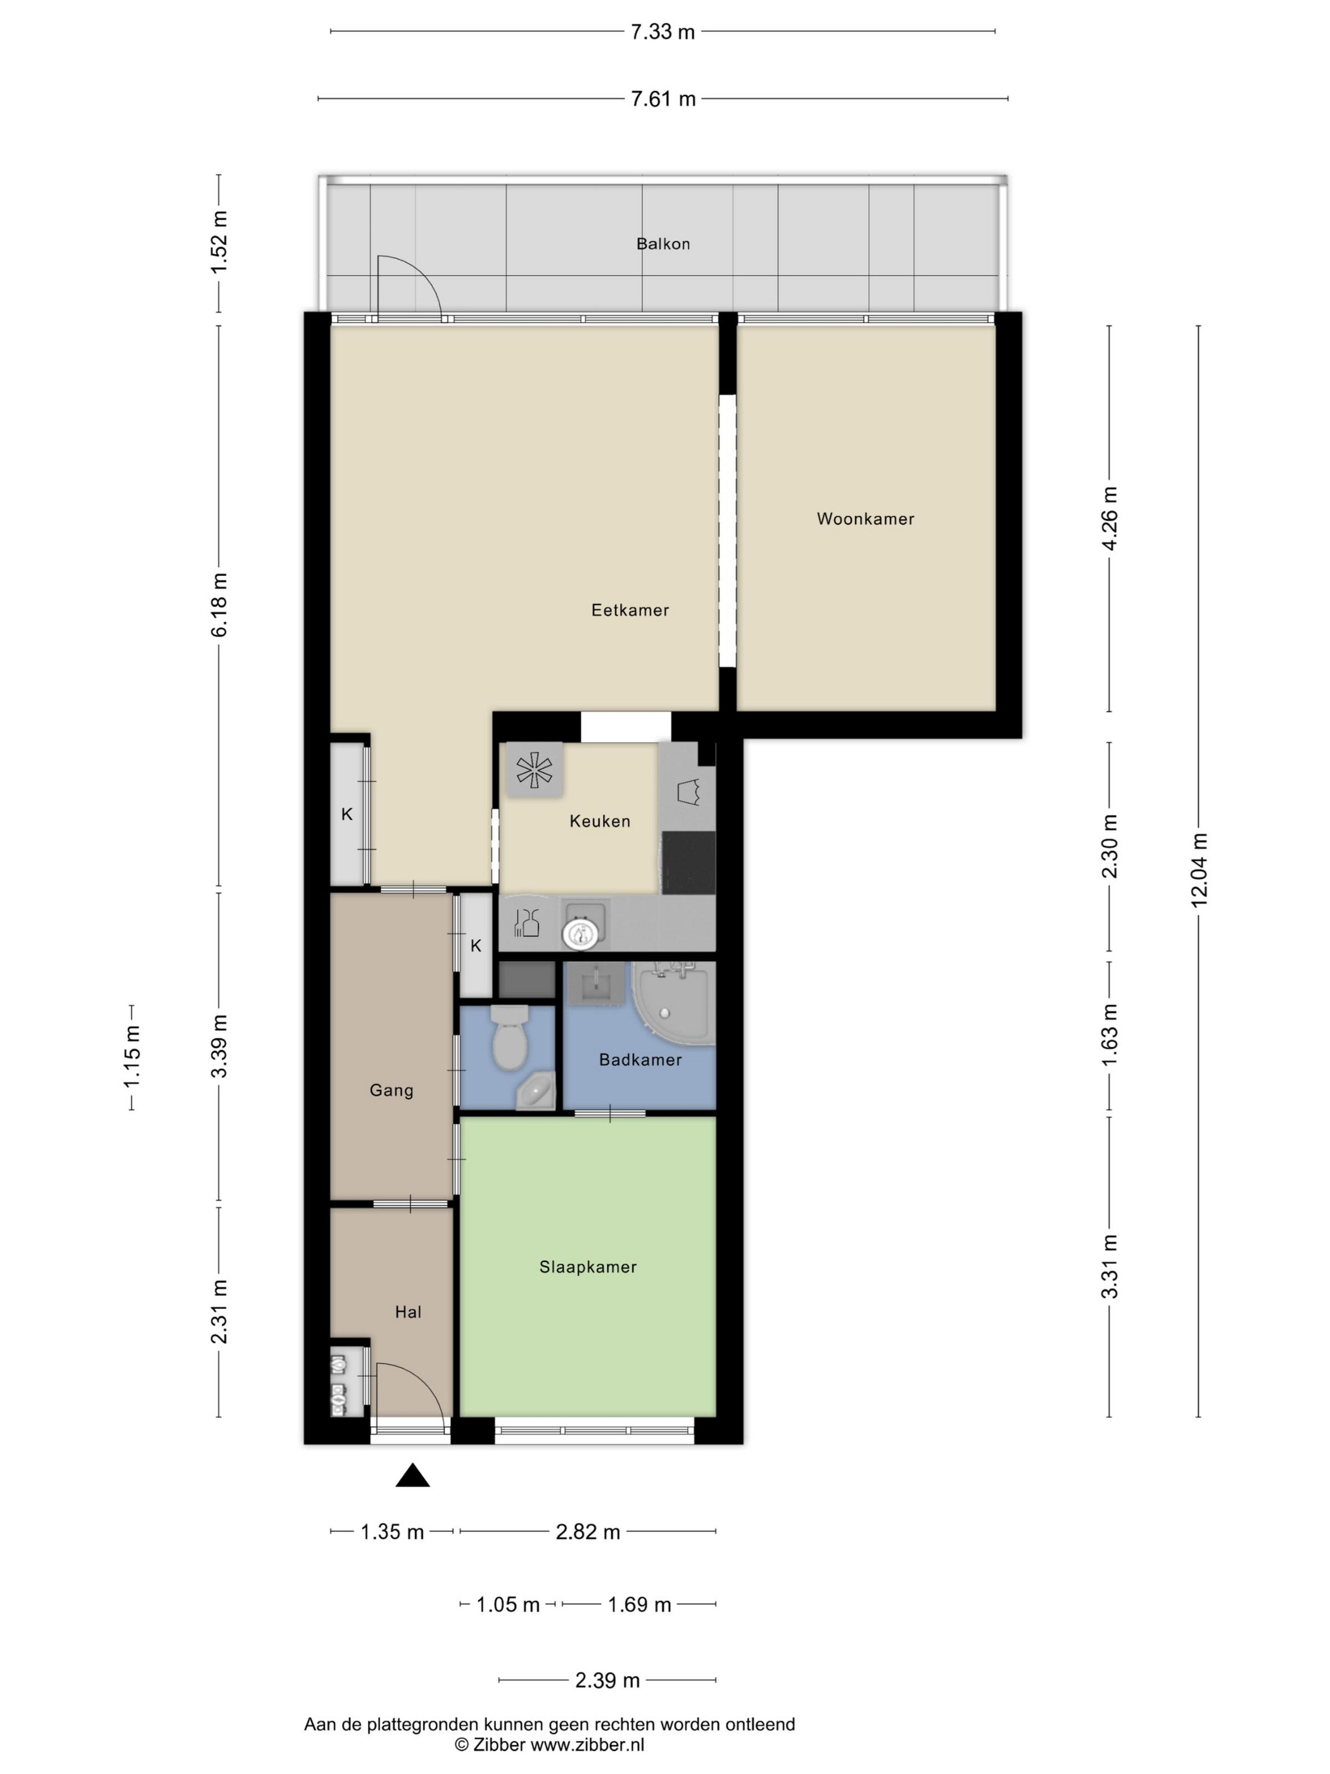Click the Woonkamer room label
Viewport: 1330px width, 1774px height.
pos(865,519)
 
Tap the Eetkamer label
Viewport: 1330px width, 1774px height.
pos(630,610)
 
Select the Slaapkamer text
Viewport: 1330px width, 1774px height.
pos(588,1267)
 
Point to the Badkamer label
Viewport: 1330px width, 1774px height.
pos(640,1059)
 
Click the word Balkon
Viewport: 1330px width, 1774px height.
pos(663,244)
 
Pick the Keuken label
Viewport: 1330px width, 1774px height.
pos(600,821)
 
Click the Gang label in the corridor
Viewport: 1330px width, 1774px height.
pos(391,1091)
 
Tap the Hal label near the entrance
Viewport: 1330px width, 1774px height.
pos(408,1312)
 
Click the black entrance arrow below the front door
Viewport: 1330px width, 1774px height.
pos(412,1475)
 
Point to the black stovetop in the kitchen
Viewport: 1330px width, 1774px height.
pos(688,863)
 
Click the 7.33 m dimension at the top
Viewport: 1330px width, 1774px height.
pos(662,32)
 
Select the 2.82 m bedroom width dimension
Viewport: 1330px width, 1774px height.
pos(588,1532)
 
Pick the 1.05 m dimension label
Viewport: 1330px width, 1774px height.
pos(507,1605)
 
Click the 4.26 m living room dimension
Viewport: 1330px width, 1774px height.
pos(1110,518)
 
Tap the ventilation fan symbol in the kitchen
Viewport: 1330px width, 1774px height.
pos(534,770)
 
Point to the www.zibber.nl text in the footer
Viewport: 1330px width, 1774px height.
pos(587,1745)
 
